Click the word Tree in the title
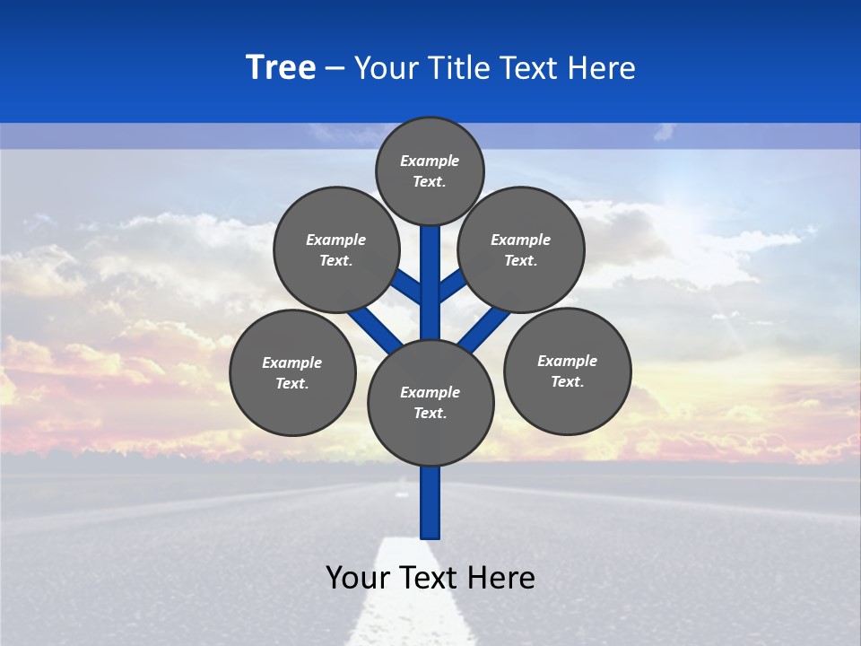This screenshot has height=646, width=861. click(281, 67)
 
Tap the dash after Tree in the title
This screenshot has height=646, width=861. click(335, 69)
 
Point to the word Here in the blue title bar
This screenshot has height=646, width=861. click(603, 68)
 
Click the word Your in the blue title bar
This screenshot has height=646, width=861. click(385, 68)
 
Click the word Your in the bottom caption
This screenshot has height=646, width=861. click(357, 577)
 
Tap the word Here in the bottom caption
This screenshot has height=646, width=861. click(501, 577)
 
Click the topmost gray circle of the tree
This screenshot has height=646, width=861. click(430, 170)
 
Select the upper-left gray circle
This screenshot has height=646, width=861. click(336, 249)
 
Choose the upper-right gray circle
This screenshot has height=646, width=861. click(521, 249)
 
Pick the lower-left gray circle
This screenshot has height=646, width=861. click(292, 372)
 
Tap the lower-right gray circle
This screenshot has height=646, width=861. click(568, 371)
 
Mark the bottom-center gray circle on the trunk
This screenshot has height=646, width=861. click(430, 402)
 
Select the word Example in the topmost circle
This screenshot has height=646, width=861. click(430, 161)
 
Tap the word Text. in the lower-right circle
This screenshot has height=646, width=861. click(568, 381)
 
